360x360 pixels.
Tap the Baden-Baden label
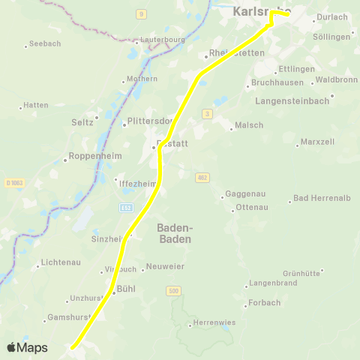point(175,232)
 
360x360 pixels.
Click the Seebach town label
point(45,44)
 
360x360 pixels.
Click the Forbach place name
point(265,303)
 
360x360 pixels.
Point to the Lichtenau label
point(61,265)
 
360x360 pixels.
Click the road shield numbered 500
point(174,290)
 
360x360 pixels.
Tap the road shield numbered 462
point(202,177)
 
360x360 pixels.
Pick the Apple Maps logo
point(27,347)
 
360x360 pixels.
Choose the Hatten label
point(36,106)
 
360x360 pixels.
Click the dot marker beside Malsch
point(230,125)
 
